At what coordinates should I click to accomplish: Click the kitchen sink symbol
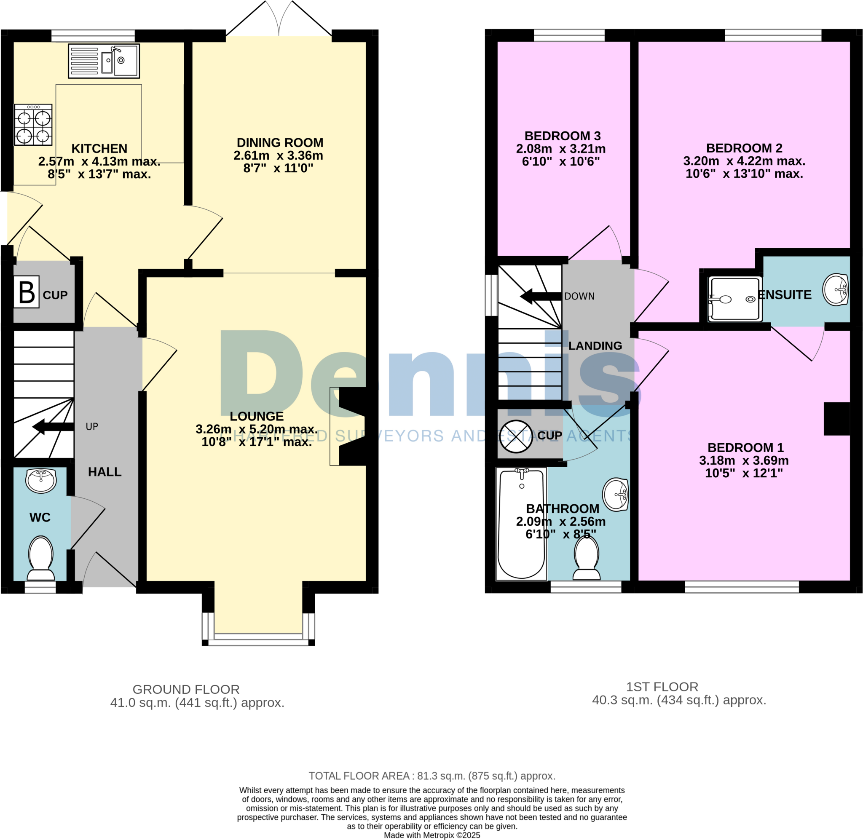104,61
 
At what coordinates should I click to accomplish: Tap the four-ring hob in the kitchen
33,125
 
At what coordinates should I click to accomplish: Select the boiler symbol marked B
27,292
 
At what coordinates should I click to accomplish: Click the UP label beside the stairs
92,427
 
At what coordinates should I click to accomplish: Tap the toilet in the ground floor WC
41,558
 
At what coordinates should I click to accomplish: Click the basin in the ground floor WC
41,480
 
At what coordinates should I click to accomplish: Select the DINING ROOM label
280,142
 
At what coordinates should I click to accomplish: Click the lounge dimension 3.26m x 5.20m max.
256,429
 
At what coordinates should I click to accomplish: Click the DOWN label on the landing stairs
579,297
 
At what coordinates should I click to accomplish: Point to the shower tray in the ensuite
734,299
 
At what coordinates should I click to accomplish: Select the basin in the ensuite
836,289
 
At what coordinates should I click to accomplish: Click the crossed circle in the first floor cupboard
516,436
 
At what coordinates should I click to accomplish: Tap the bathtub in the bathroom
521,524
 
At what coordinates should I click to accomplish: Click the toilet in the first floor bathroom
587,558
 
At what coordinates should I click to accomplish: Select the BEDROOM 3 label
563,136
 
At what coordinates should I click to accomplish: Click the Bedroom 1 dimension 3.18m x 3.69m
744,460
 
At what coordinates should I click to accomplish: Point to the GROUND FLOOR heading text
186,689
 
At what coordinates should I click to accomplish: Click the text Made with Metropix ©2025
431,835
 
